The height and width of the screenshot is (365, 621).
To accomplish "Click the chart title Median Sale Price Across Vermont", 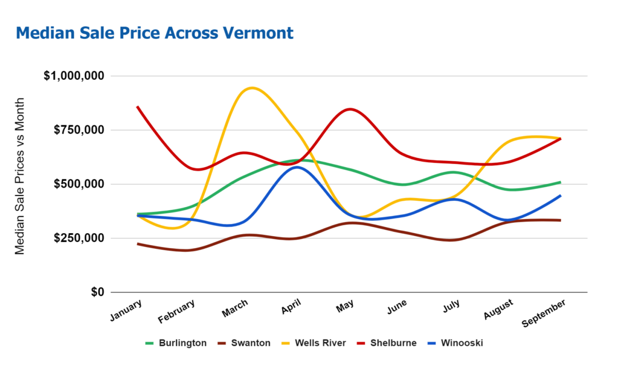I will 155,33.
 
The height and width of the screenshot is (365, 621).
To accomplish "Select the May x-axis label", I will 344,306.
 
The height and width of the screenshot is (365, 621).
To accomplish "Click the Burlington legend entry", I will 182,343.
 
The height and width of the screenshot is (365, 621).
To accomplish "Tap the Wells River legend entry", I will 320,343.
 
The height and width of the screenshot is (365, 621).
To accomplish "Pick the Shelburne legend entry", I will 394,343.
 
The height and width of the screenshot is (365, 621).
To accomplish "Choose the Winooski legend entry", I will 462,343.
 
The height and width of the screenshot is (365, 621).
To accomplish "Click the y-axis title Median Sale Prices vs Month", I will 20,176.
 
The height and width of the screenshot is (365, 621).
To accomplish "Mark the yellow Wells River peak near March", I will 250,88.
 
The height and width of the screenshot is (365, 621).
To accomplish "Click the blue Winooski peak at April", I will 297,167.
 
